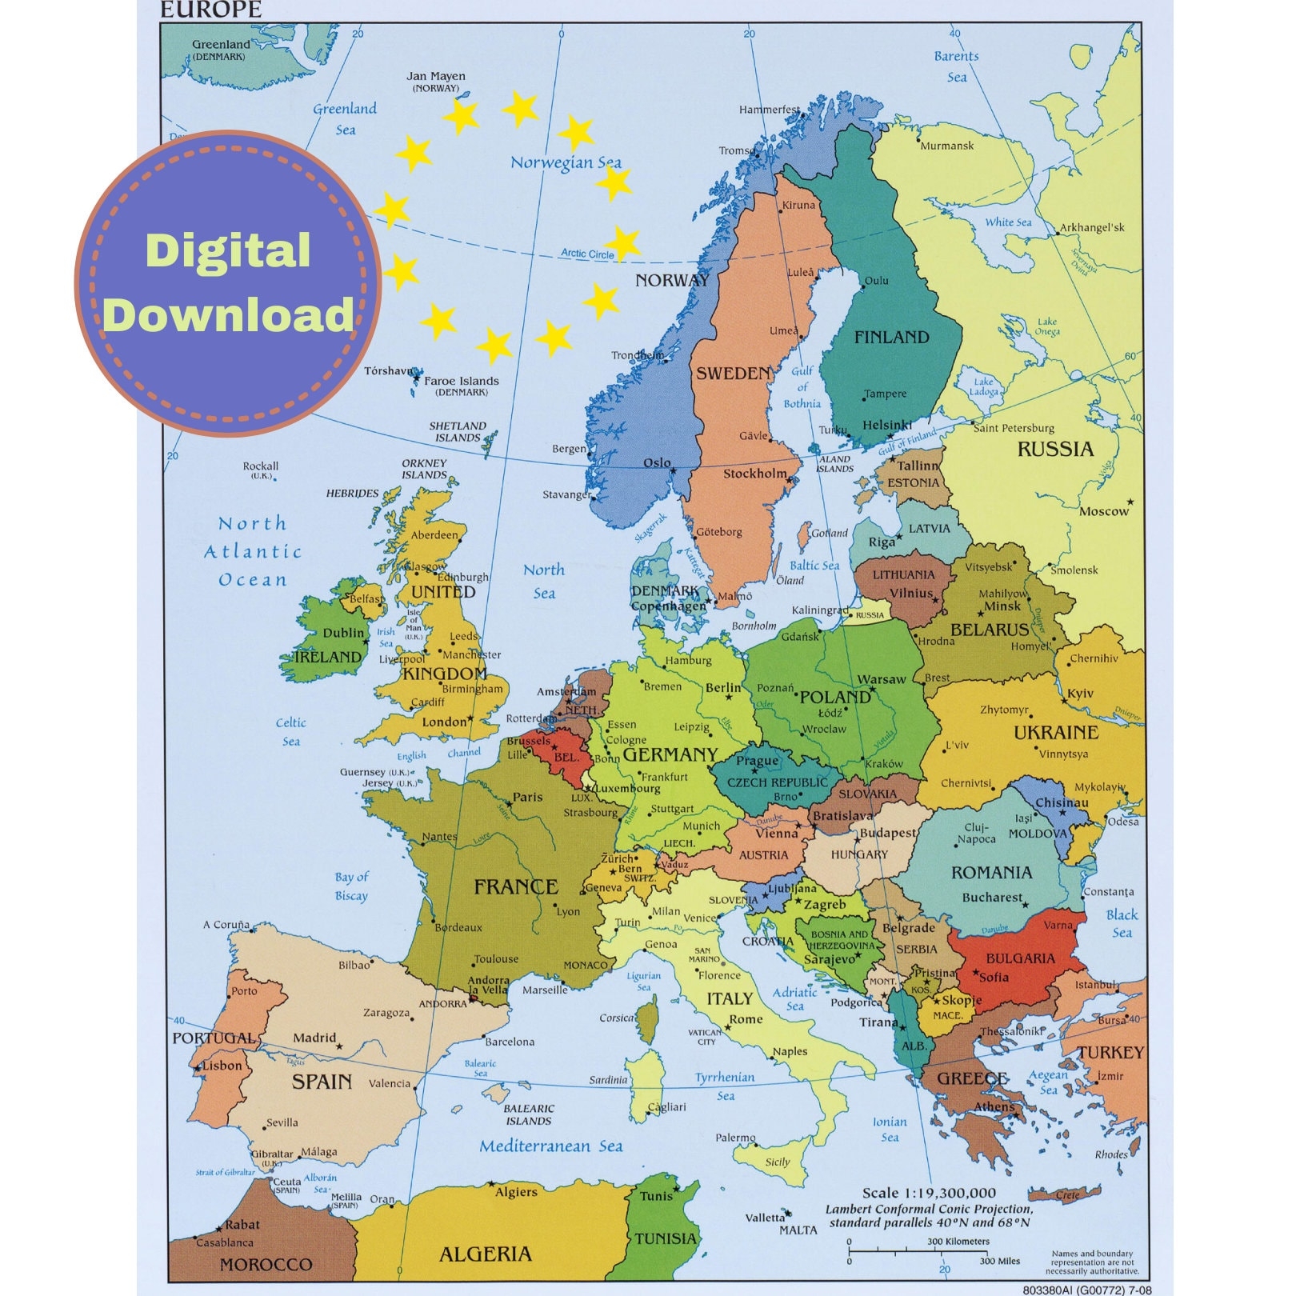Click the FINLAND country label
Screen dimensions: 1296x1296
coord(891,337)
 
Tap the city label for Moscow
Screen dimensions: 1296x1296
coord(1103,511)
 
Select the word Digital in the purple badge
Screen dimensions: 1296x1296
coord(228,250)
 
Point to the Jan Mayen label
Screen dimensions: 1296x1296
coord(435,77)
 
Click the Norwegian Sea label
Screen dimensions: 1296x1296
coord(566,163)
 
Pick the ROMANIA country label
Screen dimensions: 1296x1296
coord(991,872)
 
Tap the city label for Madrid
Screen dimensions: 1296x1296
coord(314,1038)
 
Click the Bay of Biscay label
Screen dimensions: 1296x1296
coord(351,886)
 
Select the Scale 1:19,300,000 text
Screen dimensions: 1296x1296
coord(929,1193)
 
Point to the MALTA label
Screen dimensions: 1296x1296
coord(798,1230)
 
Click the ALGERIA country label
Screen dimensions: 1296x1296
coord(485,1253)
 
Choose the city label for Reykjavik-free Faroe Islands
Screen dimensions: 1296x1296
coord(461,381)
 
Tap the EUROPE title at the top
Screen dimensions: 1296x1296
coord(211,10)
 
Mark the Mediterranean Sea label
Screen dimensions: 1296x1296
coord(550,1146)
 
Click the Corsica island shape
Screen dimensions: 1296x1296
coord(648,1020)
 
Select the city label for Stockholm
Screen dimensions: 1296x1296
coord(755,474)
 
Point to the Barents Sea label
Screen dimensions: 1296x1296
coord(957,66)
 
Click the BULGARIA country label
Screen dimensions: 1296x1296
coord(1020,958)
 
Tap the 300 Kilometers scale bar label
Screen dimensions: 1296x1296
coord(958,1242)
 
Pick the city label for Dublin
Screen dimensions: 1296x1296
coord(343,633)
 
